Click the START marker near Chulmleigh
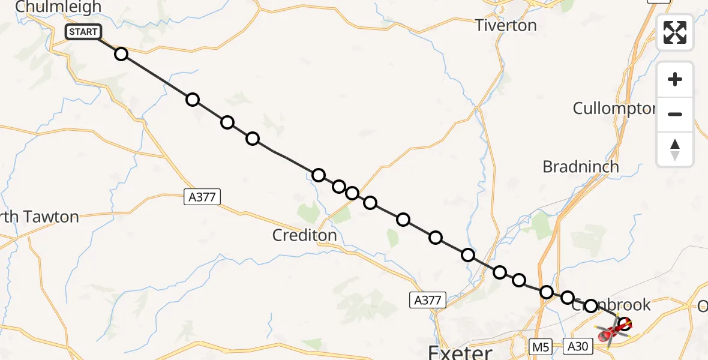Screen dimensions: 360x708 [83, 32]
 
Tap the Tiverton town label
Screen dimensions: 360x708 [505, 26]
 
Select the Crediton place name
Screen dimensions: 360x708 [304, 235]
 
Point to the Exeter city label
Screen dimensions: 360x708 [460, 352]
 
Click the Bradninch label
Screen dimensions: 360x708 [580, 167]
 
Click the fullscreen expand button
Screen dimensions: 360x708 [674, 32]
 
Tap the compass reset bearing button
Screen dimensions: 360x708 [674, 149]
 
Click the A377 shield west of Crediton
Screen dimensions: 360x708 [202, 197]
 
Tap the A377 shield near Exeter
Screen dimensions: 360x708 [428, 300]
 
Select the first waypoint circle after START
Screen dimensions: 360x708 [121, 54]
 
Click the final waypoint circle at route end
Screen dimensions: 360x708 [625, 324]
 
